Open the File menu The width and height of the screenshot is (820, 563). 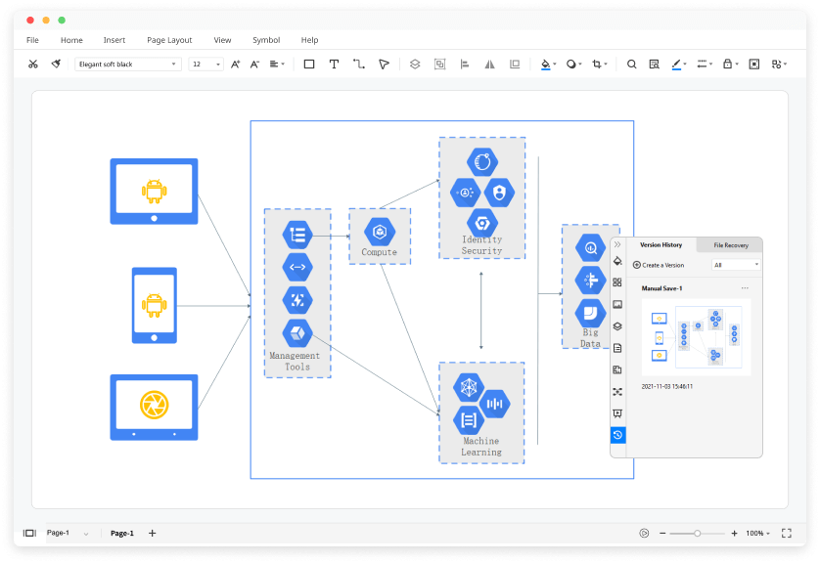(x=32, y=40)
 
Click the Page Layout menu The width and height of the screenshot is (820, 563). (x=169, y=40)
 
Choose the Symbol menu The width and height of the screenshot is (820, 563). (x=266, y=40)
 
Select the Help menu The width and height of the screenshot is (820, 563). (x=309, y=40)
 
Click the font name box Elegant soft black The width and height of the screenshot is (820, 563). (x=127, y=65)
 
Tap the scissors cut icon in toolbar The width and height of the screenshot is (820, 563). (x=32, y=65)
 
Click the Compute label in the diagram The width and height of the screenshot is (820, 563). (x=380, y=252)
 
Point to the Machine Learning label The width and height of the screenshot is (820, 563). (x=481, y=447)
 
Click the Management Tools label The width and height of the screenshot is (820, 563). (x=296, y=362)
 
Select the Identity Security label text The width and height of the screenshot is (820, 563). (x=481, y=245)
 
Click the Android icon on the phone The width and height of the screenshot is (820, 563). (x=154, y=305)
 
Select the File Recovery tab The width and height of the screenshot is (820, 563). (x=730, y=245)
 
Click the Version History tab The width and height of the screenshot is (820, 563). (x=661, y=245)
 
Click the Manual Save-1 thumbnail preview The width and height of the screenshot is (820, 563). (x=696, y=336)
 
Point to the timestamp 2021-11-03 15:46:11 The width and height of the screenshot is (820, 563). (x=667, y=386)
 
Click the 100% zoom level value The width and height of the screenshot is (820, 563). (x=754, y=534)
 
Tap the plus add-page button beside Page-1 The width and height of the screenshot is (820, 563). (x=152, y=534)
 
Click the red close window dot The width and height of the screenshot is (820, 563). (x=29, y=20)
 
